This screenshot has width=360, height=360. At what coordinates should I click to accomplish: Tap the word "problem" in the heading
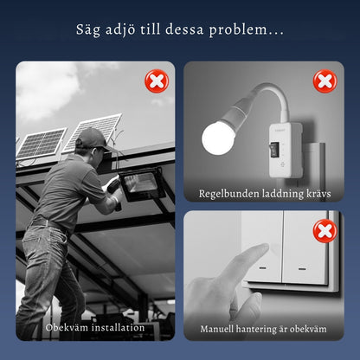tap(238, 30)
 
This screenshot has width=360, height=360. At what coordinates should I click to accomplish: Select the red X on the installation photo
tap(157, 81)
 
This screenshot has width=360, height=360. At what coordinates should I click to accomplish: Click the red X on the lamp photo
tap(325, 81)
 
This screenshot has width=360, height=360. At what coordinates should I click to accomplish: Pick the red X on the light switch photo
tap(325, 231)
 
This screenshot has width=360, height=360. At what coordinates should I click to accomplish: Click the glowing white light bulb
tap(218, 138)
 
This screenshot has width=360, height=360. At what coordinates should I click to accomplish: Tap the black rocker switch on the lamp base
tap(275, 149)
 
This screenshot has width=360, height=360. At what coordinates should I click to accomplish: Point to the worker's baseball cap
tap(93, 139)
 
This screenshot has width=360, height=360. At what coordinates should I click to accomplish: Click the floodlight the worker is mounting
tap(142, 184)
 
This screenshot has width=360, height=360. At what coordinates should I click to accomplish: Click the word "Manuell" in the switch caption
tap(216, 329)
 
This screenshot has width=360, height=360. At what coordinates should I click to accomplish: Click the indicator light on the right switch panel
tap(302, 269)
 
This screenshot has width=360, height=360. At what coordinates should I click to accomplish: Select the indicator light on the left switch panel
tap(262, 268)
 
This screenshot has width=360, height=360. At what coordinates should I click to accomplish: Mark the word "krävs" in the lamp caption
tap(318, 194)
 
